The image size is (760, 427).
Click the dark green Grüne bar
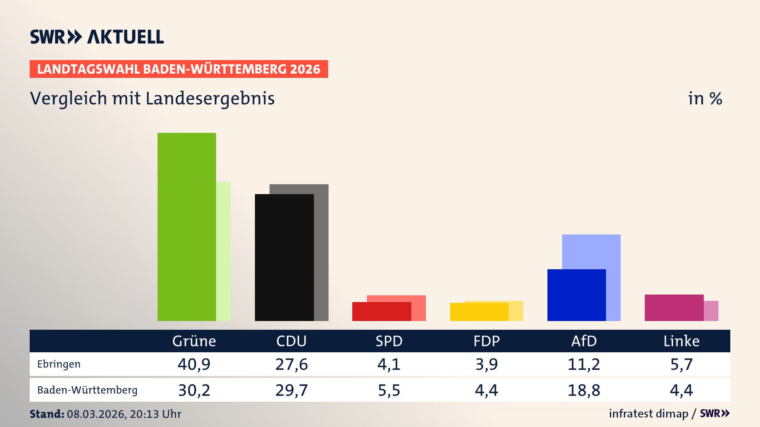coord(186,227)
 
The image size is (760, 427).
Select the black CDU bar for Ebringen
coord(284,257)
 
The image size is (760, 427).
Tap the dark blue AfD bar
coord(576,295)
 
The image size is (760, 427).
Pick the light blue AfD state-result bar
coord(591,251)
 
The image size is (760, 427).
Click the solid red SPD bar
coord(381,312)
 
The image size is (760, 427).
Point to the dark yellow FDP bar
coord(479,312)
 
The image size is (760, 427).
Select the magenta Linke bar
coord(674,308)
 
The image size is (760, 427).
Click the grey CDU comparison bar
coord(321,253)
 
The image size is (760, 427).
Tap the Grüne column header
coord(194,341)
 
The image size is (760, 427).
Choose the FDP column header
coord(486,341)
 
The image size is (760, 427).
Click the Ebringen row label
coord(59,364)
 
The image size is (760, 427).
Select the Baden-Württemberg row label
coord(87,390)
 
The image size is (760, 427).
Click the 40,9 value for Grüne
coord(194,364)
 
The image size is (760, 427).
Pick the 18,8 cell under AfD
coord(584,390)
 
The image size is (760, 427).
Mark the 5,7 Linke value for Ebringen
coord(681,364)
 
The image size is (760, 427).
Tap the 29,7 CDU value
coord(291,390)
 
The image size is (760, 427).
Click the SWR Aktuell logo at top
coord(97,37)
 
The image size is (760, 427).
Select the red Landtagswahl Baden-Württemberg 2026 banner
coord(179,69)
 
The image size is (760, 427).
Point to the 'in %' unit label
coord(705,99)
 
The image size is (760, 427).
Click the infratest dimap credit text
coord(648,414)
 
